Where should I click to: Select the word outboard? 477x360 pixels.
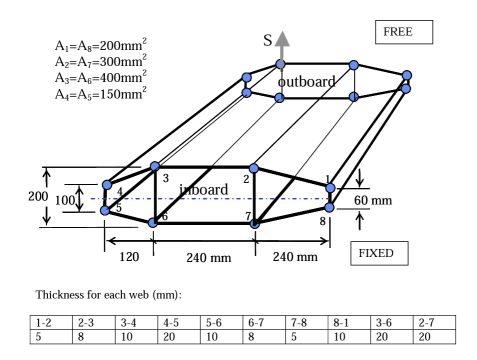(306, 82)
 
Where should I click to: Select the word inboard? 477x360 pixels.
(203, 189)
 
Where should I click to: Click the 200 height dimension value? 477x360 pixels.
(38, 196)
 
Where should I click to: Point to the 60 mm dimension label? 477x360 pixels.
(373, 200)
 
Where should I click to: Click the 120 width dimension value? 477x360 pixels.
(129, 257)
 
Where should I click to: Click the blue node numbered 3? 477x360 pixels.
(155, 166)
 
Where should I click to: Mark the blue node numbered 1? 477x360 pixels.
(330, 188)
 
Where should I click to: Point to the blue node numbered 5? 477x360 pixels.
(104, 210)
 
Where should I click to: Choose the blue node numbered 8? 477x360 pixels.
(329, 207)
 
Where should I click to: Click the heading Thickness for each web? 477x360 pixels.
(108, 295)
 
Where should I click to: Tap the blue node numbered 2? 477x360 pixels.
(253, 168)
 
